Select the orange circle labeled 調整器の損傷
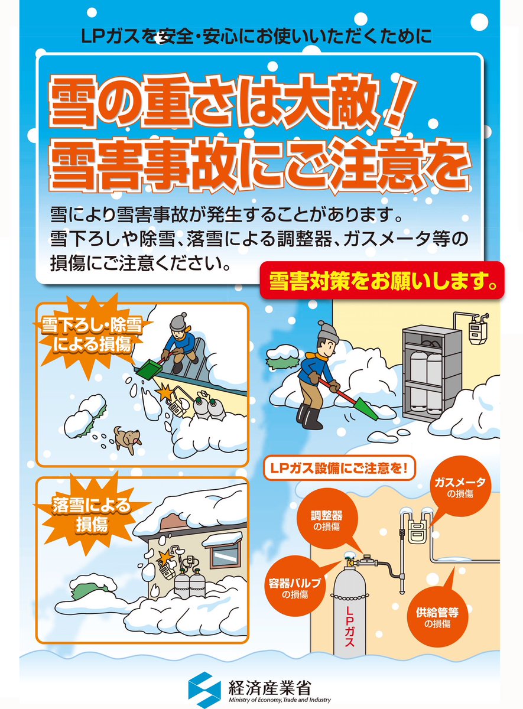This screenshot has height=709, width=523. tap(327, 520)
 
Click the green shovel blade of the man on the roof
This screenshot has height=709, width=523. tap(148, 369)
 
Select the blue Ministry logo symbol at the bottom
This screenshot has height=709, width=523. tap(204, 690)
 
